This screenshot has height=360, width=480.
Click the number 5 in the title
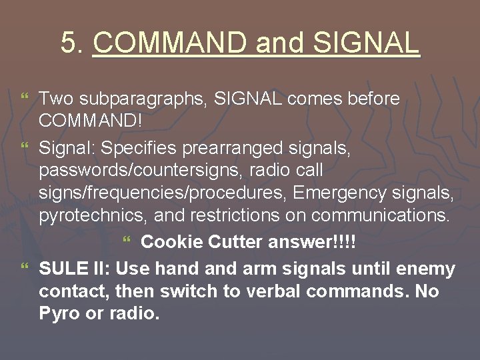68,43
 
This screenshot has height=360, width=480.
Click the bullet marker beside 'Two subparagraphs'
25,99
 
